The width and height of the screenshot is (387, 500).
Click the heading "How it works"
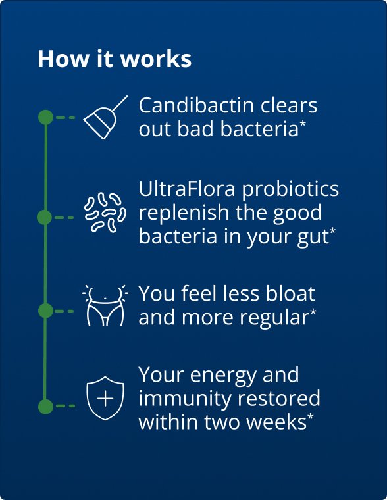(115, 59)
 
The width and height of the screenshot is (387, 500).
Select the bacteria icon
(105, 213)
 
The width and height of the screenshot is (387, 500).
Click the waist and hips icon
(105, 307)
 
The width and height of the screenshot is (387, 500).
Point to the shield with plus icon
(105, 398)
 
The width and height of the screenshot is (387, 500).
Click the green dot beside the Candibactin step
(45, 118)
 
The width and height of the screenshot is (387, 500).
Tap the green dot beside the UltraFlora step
(45, 217)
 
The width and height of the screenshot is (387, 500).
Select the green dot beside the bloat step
(45, 311)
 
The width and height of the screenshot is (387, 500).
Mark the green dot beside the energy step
(45, 406)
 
